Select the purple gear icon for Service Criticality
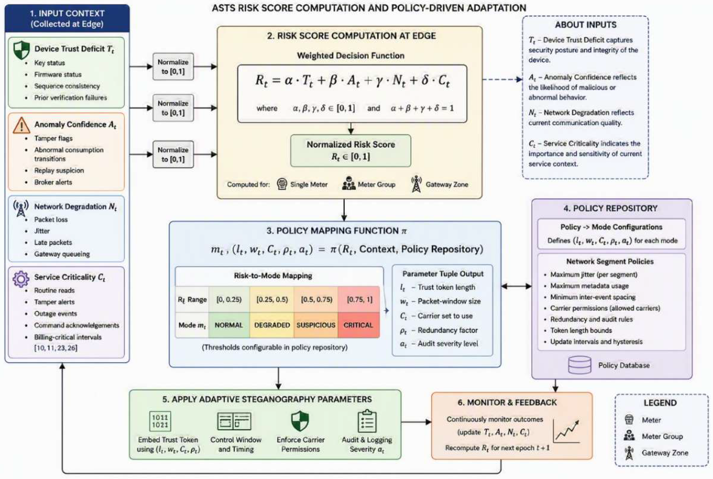21,279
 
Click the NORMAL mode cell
229,325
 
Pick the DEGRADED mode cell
272,325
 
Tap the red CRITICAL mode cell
358,325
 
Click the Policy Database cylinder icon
579,365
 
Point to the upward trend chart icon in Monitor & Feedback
566,431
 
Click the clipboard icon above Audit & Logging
367,421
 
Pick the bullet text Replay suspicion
59,170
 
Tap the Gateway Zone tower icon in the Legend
629,453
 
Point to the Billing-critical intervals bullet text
68,337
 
